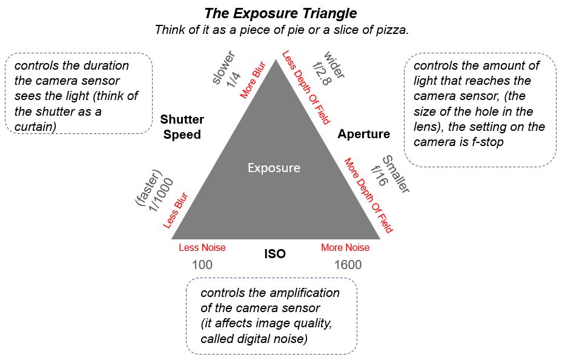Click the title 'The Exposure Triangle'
click(280, 13)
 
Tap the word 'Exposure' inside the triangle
click(274, 167)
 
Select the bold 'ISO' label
click(274, 254)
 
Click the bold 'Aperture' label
click(363, 134)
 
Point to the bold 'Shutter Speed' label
click(182, 127)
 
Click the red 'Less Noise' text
click(202, 247)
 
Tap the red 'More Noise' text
click(345, 247)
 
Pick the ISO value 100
click(202, 265)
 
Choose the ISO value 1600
click(348, 265)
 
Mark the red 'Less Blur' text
click(176, 211)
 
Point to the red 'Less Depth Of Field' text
click(306, 87)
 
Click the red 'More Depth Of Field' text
click(368, 195)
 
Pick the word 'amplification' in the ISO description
click(306, 293)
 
